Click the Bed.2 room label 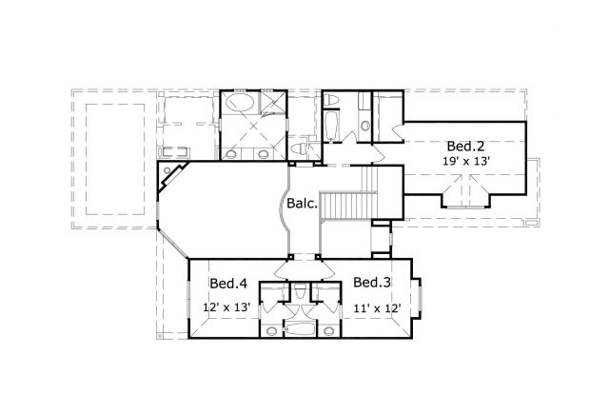466,147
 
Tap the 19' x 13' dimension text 466,162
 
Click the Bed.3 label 371,283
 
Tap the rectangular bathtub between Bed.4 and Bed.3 300,330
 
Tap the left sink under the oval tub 230,152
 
